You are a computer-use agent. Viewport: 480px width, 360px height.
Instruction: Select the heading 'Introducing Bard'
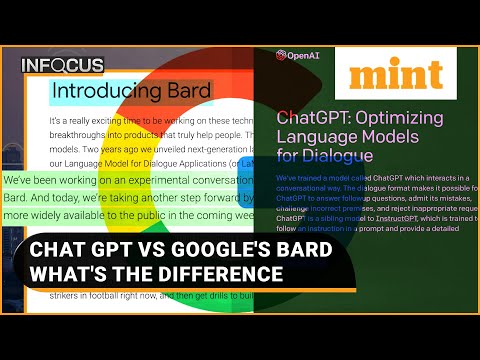(131, 92)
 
